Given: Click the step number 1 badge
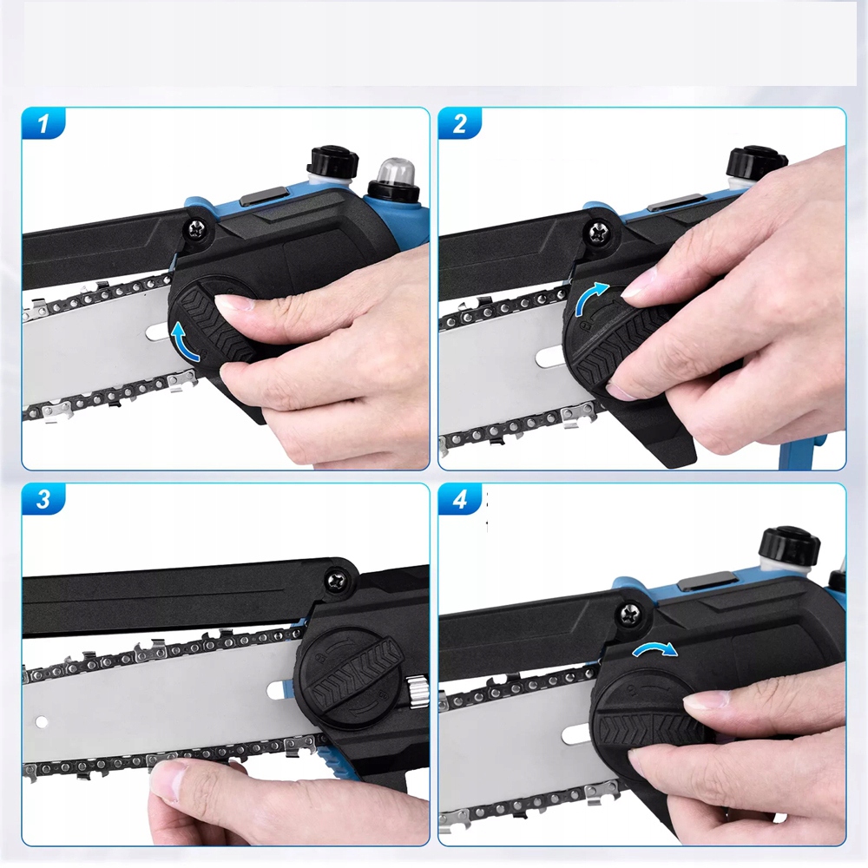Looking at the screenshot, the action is click(x=43, y=123).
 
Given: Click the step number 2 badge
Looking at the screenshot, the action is click(x=459, y=123).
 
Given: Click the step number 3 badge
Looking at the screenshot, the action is click(x=43, y=499).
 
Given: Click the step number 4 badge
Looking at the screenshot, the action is click(x=459, y=499).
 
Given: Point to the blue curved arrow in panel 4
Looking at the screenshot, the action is click(x=654, y=648).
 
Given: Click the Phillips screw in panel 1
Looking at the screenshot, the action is click(x=196, y=229).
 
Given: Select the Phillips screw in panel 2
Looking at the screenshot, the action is click(x=599, y=233).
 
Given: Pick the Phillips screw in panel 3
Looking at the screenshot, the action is click(x=337, y=581).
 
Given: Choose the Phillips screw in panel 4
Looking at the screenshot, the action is click(x=628, y=614).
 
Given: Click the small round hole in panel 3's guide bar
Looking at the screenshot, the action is click(x=42, y=722).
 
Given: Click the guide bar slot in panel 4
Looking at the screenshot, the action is click(x=575, y=735).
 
